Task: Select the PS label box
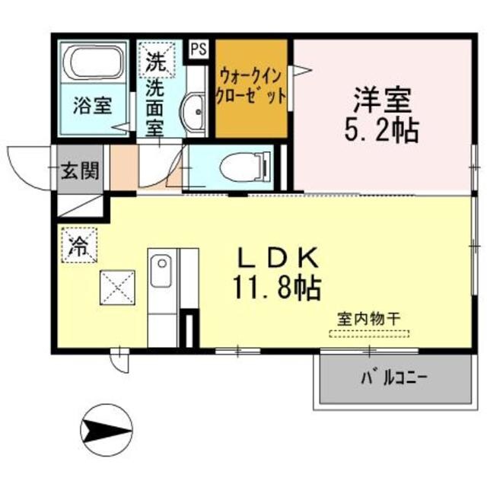click(198, 48)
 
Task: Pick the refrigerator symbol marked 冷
click(79, 245)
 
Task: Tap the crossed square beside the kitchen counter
click(116, 288)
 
